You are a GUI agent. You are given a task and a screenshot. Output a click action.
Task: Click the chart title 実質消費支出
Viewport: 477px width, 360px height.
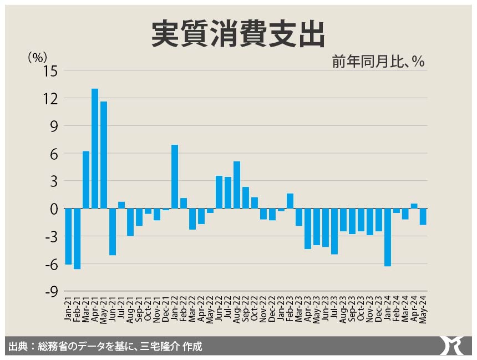238,35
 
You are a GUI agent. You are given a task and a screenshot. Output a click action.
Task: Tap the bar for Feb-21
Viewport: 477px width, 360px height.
77,239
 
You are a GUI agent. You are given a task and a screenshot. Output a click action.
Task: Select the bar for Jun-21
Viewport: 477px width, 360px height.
113,231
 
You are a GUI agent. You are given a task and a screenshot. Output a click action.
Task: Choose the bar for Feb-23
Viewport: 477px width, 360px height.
290,201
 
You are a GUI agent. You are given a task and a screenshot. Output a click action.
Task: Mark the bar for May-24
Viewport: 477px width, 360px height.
423,216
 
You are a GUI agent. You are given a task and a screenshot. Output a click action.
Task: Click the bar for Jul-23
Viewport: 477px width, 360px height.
334,231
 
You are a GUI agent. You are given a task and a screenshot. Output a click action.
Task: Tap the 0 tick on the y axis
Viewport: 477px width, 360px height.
54,209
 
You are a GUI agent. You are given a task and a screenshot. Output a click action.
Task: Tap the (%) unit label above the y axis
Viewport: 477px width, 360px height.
37,56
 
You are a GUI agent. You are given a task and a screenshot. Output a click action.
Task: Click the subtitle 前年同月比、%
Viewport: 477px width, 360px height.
378,62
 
